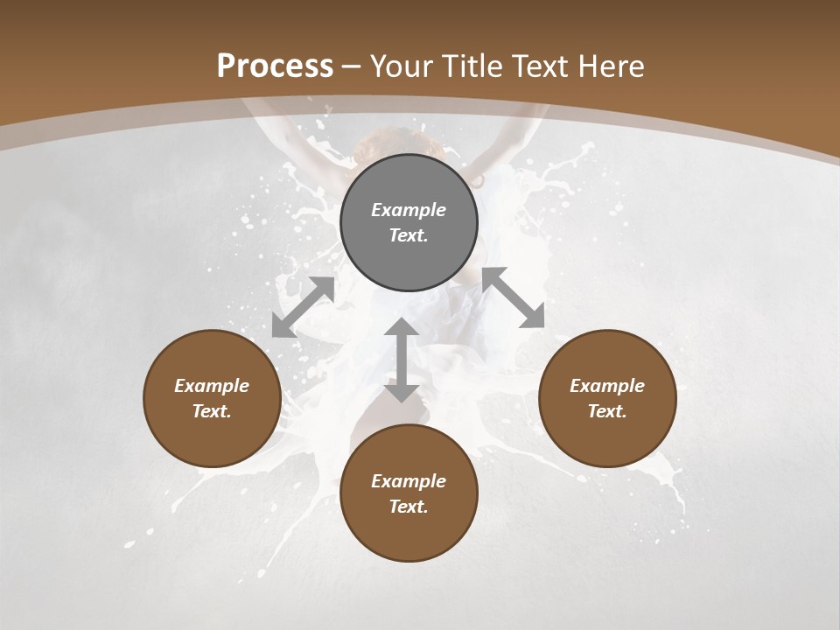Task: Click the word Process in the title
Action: (275, 66)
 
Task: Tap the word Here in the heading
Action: (613, 66)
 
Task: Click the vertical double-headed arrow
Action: (402, 360)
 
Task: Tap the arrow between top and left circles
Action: (303, 307)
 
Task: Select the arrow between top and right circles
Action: (513, 297)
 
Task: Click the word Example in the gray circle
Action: (409, 210)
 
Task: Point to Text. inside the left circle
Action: (212, 411)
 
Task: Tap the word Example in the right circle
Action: (607, 386)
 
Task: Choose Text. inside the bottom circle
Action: (409, 507)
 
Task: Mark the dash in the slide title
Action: (352, 67)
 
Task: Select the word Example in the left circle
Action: (212, 386)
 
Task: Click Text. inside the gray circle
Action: (409, 235)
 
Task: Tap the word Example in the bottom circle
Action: (409, 481)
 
